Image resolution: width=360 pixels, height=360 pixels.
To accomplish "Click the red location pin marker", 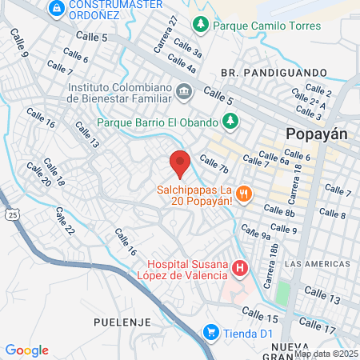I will click(180, 163).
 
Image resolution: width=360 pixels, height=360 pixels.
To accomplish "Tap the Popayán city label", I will click(317, 134).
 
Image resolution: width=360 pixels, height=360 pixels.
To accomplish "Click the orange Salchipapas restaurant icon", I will click(245, 193).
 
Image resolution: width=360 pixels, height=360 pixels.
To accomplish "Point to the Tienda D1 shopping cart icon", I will click(211, 331).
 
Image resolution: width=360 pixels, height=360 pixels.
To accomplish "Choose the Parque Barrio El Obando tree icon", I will click(230, 122).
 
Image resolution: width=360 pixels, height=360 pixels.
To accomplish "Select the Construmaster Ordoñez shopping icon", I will click(57, 8).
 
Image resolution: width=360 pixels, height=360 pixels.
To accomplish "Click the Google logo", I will click(26, 350).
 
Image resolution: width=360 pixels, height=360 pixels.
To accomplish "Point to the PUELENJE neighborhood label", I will click(117, 321).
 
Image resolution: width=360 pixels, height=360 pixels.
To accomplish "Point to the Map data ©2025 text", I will click(326, 354).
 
